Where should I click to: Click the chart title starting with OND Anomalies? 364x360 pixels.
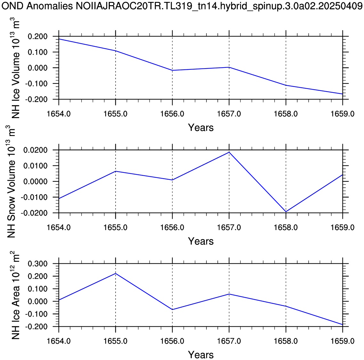[x=182, y=6]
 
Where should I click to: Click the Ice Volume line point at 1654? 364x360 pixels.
[x=59, y=39]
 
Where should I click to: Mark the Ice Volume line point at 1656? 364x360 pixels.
[x=173, y=70]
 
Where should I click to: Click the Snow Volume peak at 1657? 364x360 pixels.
[x=229, y=152]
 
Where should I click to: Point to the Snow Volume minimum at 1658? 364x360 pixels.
[x=286, y=212]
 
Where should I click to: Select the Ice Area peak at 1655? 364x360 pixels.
[x=116, y=273]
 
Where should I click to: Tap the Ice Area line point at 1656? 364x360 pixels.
[x=173, y=309]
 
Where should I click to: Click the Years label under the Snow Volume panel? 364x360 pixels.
[x=201, y=241]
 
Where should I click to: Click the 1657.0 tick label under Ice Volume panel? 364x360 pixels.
[x=229, y=114]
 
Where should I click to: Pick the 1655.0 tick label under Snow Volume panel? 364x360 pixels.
[x=116, y=228]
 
